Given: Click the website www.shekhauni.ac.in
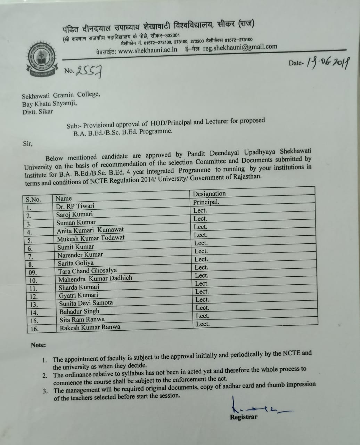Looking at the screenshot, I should (148, 50).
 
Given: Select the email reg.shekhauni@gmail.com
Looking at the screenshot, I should (240, 47).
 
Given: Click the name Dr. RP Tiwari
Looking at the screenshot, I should (75, 206).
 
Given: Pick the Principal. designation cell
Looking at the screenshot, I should (206, 202).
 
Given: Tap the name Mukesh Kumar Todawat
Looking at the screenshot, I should (91, 238).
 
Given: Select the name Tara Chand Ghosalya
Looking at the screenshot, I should (88, 271).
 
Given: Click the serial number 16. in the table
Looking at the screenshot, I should (34, 329).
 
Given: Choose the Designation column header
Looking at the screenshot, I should (209, 194).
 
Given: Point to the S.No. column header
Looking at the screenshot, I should (33, 200).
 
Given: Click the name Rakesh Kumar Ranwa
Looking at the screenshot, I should (90, 327).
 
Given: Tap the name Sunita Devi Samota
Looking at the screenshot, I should (86, 303).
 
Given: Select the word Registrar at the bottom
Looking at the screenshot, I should (244, 417).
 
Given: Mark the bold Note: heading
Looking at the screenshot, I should (38, 345).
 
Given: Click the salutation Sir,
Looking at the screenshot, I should (27, 143).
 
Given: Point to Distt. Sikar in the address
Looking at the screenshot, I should (38, 112).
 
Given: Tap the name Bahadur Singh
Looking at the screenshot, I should (79, 311).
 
